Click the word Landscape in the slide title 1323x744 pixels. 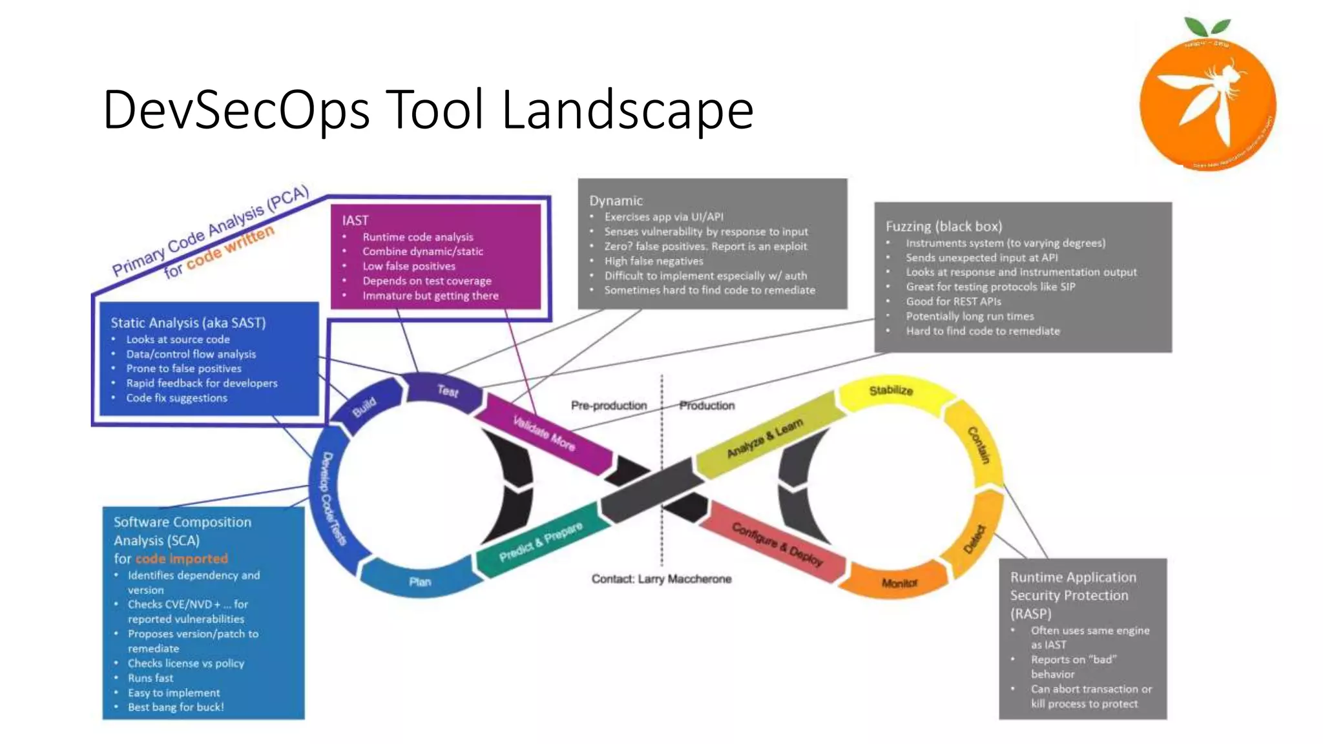[x=627, y=110]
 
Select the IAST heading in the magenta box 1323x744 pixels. [x=355, y=220]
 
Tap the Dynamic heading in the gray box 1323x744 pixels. [x=616, y=201]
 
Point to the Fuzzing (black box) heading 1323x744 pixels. [x=943, y=226]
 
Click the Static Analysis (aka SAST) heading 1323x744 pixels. [x=188, y=322]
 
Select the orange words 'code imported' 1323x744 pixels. [x=182, y=559]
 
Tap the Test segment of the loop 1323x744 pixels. [x=447, y=391]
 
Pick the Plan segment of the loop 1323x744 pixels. [x=420, y=581]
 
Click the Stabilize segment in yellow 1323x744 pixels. [x=890, y=391]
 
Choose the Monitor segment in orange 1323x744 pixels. [x=899, y=583]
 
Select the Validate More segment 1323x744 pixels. [x=544, y=433]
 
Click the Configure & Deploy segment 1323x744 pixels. [x=776, y=544]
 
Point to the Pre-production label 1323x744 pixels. [x=609, y=406]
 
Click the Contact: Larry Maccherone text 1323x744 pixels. [x=661, y=579]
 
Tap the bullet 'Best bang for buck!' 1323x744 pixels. [x=176, y=707]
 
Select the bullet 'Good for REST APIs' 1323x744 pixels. [x=953, y=302]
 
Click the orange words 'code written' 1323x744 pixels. [x=231, y=248]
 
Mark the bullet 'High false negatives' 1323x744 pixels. [x=653, y=261]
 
